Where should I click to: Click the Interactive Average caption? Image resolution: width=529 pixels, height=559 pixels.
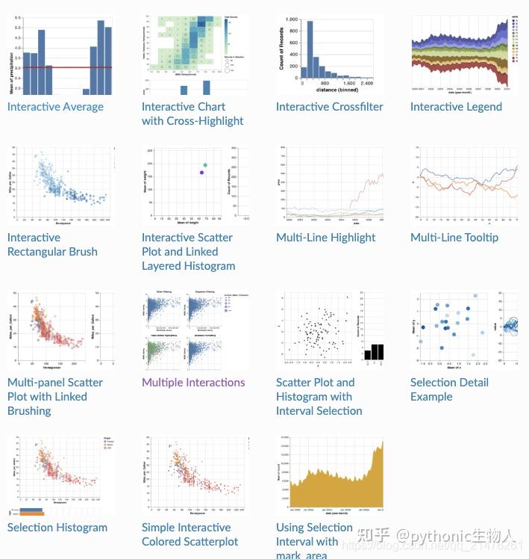click(x=55, y=107)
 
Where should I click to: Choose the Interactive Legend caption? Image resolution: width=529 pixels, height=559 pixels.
click(x=456, y=107)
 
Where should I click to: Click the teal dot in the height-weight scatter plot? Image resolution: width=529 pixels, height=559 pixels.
click(x=205, y=165)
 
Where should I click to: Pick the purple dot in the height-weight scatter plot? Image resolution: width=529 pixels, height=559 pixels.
click(x=201, y=173)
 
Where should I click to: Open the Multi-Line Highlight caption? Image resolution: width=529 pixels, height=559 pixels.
click(x=325, y=238)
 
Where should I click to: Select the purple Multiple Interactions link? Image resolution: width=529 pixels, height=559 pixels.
click(x=193, y=383)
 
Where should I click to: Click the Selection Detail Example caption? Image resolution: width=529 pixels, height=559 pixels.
click(x=449, y=389)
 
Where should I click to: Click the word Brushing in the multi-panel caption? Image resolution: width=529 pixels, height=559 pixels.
click(x=29, y=411)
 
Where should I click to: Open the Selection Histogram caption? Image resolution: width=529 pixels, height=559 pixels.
click(x=57, y=528)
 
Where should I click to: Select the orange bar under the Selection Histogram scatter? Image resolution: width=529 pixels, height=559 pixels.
click(x=30, y=513)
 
